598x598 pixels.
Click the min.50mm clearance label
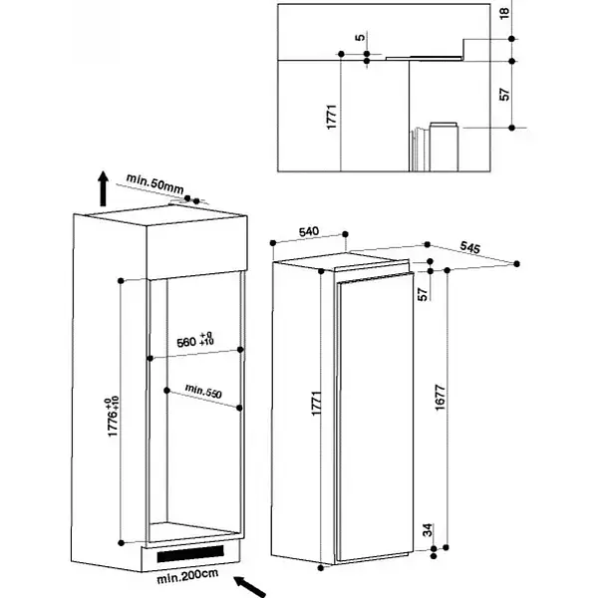pyautogui.click(x=154, y=183)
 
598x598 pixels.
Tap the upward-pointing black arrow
pyautogui.click(x=103, y=188)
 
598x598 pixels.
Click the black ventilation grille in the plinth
pyautogui.click(x=190, y=553)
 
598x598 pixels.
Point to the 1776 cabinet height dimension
pyautogui.click(x=114, y=417)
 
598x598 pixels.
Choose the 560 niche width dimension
pyautogui.click(x=186, y=342)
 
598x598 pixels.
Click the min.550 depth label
pyautogui.click(x=203, y=392)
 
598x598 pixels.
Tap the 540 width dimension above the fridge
pyautogui.click(x=309, y=231)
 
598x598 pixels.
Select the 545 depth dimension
pyautogui.click(x=469, y=247)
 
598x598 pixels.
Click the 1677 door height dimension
pyautogui.click(x=441, y=398)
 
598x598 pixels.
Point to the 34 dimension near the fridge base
pyautogui.click(x=429, y=530)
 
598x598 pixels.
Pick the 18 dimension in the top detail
pyautogui.click(x=504, y=13)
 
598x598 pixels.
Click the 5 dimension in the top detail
pyautogui.click(x=360, y=38)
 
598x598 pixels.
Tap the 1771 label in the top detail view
pyautogui.click(x=332, y=117)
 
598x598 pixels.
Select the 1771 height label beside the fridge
pyautogui.click(x=316, y=403)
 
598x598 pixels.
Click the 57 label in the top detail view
pyautogui.click(x=504, y=95)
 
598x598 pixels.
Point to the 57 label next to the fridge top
pyautogui.click(x=423, y=294)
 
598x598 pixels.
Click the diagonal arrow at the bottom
pyautogui.click(x=250, y=587)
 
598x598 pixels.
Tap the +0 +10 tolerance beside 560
pyautogui.click(x=206, y=338)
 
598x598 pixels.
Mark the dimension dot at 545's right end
pyautogui.click(x=516, y=264)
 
